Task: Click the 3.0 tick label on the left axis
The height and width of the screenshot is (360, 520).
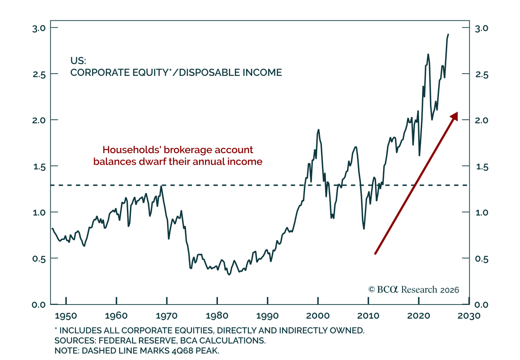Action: click(39, 29)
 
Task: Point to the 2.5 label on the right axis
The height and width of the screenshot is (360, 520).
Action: click(481, 75)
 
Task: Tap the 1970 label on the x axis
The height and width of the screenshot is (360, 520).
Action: click(166, 316)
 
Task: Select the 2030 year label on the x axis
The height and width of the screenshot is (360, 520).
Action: click(469, 316)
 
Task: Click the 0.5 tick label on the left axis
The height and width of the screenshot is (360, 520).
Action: click(39, 259)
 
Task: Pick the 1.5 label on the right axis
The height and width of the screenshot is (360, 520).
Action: click(482, 167)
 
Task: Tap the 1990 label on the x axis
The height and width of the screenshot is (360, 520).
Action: click(267, 316)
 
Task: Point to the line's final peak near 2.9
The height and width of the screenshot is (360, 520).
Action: click(448, 34)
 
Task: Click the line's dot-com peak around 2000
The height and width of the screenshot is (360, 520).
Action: click(318, 130)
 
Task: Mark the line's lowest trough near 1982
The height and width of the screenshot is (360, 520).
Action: click(229, 275)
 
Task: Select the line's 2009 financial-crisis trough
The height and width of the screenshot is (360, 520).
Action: click(364, 229)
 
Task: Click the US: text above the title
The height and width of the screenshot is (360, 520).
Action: click(78, 61)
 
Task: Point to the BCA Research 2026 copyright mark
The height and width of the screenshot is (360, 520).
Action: click(414, 290)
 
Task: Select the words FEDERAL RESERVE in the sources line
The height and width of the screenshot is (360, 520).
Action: click(137, 341)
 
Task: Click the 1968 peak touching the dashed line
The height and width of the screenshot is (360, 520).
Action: click(161, 186)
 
